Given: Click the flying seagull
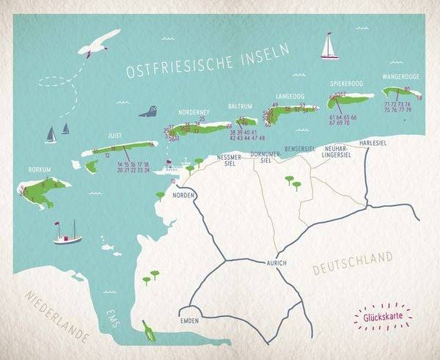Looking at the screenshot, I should (99, 44).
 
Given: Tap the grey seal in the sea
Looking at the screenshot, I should (149, 112).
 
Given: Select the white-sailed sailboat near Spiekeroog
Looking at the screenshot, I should (329, 46).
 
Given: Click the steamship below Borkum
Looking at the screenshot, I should (67, 234).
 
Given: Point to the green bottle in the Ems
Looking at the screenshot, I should (150, 331).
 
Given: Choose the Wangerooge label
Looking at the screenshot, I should (400, 76).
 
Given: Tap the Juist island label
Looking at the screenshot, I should (115, 135).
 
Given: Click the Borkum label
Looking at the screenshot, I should (39, 169).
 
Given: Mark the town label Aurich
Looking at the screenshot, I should (276, 262).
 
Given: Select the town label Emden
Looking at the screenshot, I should (189, 321).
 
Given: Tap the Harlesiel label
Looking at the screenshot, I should (373, 143).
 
